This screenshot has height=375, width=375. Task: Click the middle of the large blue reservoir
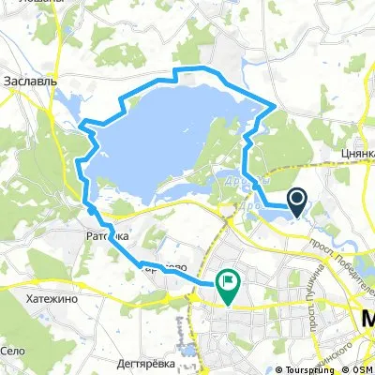click(169, 141)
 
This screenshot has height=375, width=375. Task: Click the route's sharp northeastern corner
click(274, 105)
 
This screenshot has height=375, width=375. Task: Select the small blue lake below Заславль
click(66, 103)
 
